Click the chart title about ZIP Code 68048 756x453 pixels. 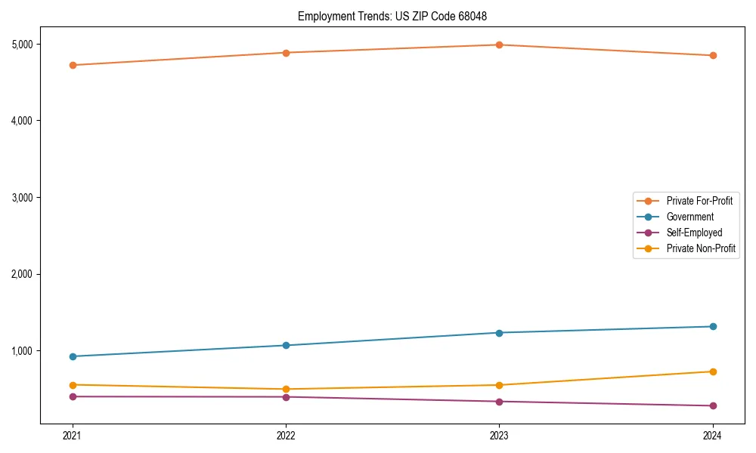click(x=398, y=16)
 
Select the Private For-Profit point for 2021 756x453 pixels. click(x=73, y=65)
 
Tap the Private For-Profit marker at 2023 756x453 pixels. click(x=499, y=45)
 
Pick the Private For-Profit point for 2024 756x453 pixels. click(x=712, y=55)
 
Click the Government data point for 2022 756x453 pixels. click(x=286, y=345)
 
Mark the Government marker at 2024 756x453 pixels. click(x=712, y=326)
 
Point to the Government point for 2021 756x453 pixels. click(x=73, y=356)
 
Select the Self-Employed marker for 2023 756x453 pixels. click(x=499, y=402)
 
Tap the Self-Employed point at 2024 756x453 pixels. click(x=712, y=406)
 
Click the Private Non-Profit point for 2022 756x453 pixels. click(x=286, y=389)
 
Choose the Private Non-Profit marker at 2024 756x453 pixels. click(x=712, y=371)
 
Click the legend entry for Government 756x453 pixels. click(x=689, y=217)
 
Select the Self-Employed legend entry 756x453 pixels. click(x=694, y=233)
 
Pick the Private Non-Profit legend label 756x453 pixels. click(x=701, y=248)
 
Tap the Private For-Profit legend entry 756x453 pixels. click(x=699, y=201)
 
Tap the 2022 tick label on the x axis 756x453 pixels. click(x=286, y=435)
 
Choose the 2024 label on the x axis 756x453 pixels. click(x=712, y=435)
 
